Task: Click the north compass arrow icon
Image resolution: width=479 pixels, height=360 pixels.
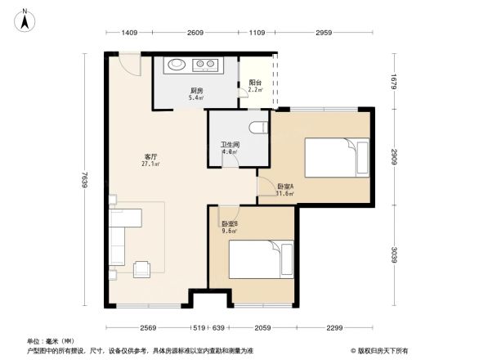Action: (25, 19)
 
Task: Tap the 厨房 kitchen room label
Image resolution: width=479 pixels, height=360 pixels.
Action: (196, 90)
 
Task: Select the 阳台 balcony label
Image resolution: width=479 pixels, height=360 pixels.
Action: (255, 83)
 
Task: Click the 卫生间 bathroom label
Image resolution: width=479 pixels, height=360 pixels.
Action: (229, 145)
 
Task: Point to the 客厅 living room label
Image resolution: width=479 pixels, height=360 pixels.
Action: (151, 156)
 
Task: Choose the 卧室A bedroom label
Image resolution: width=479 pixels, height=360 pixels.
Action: (285, 187)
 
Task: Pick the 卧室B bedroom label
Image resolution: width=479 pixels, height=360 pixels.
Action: (230, 223)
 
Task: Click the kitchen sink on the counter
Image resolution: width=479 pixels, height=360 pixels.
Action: (176, 64)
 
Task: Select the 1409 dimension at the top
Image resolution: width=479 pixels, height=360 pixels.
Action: (129, 33)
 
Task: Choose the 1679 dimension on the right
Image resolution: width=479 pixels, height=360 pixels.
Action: (393, 81)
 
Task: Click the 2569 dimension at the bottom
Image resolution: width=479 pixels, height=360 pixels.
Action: (146, 327)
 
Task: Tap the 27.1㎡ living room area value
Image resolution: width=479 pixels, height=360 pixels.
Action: (151, 164)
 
